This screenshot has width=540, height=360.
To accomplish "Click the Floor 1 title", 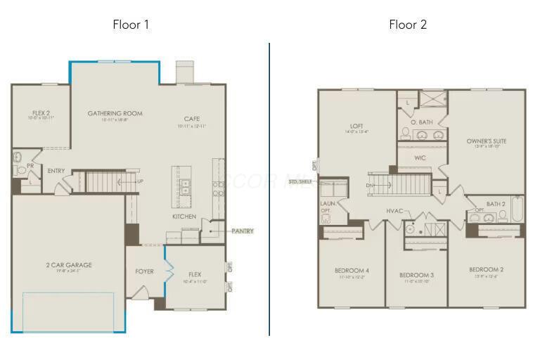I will click(x=131, y=25).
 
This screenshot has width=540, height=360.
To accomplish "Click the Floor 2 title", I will click(x=408, y=25).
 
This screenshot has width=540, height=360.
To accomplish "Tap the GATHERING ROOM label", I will click(x=115, y=113).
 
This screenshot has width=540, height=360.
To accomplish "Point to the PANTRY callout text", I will click(x=242, y=231).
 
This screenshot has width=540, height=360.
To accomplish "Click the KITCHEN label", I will click(x=184, y=217).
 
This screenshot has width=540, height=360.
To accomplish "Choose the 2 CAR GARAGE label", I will click(x=69, y=265).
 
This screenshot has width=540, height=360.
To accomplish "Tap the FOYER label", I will click(x=144, y=271).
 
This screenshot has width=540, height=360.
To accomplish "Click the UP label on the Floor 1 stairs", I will click(x=140, y=181).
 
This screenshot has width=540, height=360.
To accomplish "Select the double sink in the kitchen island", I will click(x=185, y=186).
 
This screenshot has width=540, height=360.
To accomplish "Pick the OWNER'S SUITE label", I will click(x=486, y=141).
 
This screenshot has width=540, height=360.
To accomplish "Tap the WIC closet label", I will click(x=420, y=158).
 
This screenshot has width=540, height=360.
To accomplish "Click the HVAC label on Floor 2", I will click(x=394, y=211).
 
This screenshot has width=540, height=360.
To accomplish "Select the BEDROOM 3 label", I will click(x=416, y=274).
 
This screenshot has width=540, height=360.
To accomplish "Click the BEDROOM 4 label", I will click(x=351, y=271).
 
